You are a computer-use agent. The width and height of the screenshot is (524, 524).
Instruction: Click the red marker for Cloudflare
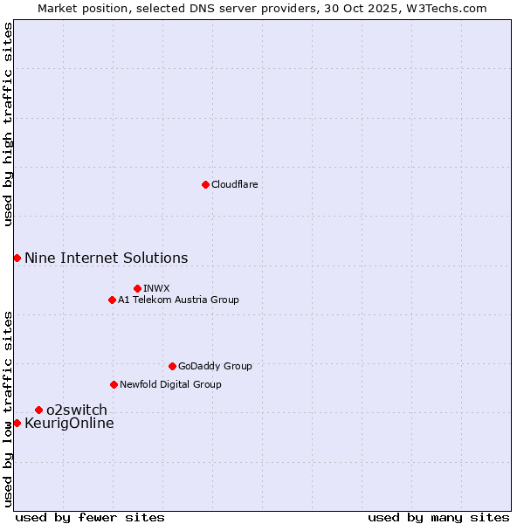point(205,184)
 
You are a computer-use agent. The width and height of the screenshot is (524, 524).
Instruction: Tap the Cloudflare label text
point(235,185)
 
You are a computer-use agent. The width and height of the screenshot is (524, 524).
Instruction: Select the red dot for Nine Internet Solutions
point(17,258)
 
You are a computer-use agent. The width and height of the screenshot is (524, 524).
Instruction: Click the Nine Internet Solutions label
point(106,258)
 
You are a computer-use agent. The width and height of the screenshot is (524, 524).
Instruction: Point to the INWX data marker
point(137,288)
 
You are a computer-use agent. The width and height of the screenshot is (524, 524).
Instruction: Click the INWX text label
point(156,289)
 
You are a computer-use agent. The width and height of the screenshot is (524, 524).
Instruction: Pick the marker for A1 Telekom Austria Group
point(112,300)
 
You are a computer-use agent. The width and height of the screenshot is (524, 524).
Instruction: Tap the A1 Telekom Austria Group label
point(178,300)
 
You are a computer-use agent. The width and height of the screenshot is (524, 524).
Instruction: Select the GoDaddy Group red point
point(172,366)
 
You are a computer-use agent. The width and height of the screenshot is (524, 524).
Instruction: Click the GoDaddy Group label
point(215,367)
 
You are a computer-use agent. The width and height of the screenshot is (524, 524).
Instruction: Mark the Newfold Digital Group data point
point(114,384)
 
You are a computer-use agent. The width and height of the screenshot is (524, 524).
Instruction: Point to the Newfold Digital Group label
point(170,385)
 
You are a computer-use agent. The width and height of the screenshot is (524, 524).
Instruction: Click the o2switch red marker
point(38,410)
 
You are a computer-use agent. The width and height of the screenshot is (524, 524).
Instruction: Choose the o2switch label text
point(77,410)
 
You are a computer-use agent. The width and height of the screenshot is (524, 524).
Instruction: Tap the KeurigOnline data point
point(17,423)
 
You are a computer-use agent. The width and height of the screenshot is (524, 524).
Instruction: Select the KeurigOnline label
point(69,424)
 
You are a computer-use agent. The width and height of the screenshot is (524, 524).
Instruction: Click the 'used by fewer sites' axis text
point(90,517)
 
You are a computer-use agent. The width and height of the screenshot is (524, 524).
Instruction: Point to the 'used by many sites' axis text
point(438,517)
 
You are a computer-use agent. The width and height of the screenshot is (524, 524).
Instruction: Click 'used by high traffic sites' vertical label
point(8,124)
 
